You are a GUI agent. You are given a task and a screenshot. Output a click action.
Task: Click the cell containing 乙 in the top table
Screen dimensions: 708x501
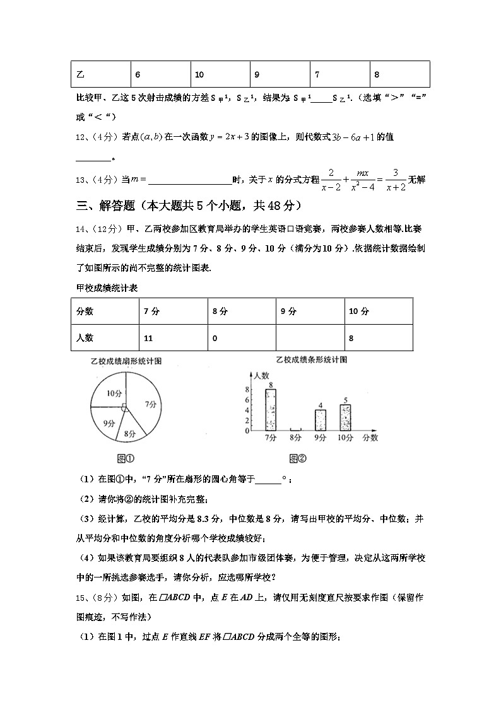[100, 74]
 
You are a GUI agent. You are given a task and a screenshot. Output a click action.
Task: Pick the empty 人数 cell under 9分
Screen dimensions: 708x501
[310, 338]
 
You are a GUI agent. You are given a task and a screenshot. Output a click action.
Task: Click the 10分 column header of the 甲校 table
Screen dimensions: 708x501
[378, 311]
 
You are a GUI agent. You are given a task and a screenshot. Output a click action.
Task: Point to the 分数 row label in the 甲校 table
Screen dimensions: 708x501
[105, 311]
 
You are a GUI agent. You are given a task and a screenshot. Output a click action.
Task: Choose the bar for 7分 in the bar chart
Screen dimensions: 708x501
[271, 410]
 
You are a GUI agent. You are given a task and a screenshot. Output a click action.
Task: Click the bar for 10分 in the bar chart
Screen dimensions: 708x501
[345, 417]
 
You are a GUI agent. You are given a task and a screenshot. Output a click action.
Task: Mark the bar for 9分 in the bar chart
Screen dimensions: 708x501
[321, 420]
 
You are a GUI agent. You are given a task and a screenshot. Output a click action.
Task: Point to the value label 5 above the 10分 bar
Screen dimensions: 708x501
[345, 400]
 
